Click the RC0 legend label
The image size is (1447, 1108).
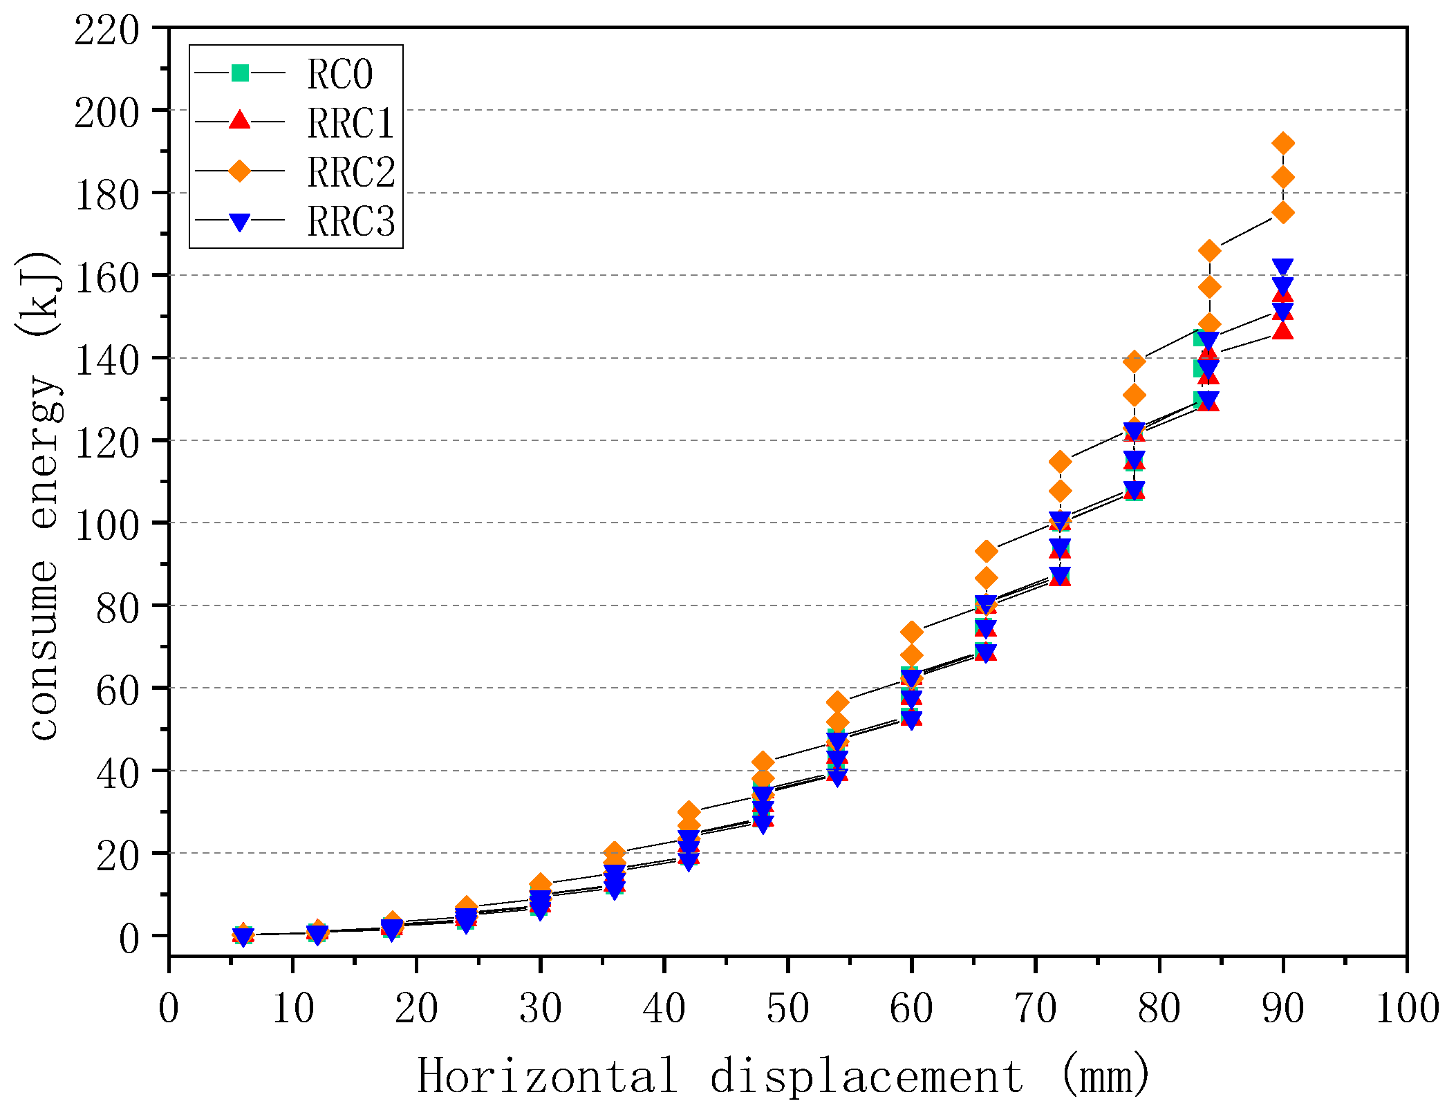[x=339, y=74]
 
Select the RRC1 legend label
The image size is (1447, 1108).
[x=351, y=124]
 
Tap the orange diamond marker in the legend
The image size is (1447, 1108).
[x=240, y=171]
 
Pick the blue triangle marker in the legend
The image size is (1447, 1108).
[x=240, y=222]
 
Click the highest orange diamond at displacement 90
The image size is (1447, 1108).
[x=1283, y=144]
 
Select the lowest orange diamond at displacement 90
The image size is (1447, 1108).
[x=1283, y=212]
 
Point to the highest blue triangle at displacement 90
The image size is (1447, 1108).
[x=1283, y=267]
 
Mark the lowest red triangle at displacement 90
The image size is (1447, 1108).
[x=1283, y=331]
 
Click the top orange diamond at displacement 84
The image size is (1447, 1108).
[x=1209, y=251]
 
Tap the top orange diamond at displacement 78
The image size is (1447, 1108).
[x=1135, y=361]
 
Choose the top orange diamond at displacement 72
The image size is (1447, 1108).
[x=1060, y=462]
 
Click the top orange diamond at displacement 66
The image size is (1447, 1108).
[x=987, y=552]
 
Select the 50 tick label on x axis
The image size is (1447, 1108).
[x=787, y=1008]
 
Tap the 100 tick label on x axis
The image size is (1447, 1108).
[x=1407, y=1008]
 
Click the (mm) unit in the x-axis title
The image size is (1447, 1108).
[x=1105, y=1076]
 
